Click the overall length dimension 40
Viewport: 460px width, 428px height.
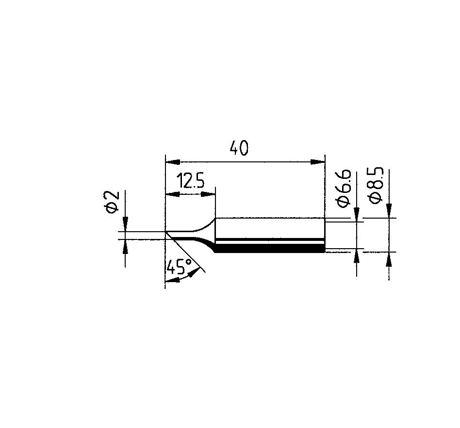(239, 148)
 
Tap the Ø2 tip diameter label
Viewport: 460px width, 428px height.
(111, 202)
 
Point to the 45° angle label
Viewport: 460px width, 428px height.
(179, 266)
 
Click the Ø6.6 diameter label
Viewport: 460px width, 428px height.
(343, 189)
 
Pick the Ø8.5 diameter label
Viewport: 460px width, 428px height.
(376, 185)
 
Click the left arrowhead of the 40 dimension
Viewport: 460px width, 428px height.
(173, 162)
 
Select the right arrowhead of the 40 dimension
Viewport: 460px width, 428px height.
(318, 161)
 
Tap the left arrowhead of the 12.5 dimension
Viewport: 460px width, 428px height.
(173, 194)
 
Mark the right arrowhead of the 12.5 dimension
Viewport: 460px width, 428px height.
(208, 194)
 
